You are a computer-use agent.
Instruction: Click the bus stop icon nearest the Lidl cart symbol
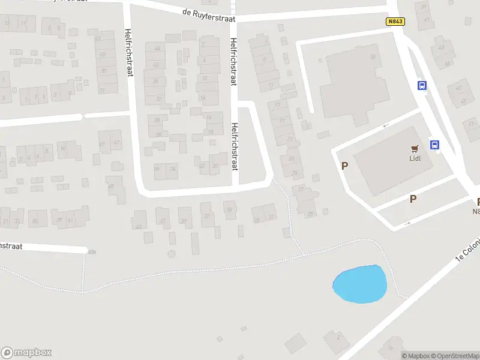pos(434,145)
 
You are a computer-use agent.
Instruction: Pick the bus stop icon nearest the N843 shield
pos(422,85)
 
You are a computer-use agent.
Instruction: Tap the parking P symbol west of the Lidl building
pos(344,166)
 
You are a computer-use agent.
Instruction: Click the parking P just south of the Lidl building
pos(413,199)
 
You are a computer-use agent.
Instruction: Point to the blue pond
pos(359,283)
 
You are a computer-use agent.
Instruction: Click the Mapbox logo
pos(26,353)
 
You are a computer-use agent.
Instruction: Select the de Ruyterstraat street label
pos(208,12)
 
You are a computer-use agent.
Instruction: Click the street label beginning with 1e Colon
pos(469,249)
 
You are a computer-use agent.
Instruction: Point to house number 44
pos(157,48)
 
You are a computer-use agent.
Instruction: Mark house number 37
pos(207,217)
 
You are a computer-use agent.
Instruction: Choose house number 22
pos(202,166)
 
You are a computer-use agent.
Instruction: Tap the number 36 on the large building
pos(373,58)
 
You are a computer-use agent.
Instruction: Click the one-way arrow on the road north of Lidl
pos(385,125)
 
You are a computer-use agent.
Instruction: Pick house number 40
pos(156,65)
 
